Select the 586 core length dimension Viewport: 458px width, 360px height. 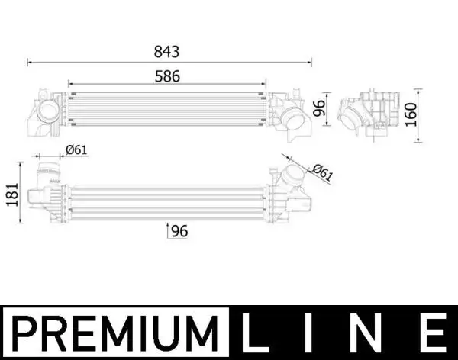click(166, 76)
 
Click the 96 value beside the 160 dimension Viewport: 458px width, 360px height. click(321, 108)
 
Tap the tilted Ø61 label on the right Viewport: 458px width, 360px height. click(323, 173)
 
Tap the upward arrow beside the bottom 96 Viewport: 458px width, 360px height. click(168, 229)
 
